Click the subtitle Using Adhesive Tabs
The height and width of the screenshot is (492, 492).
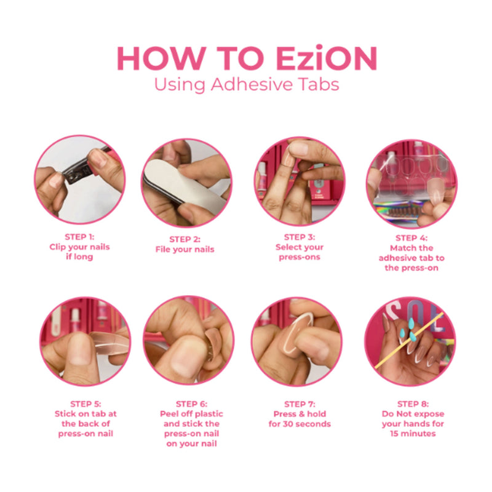pos(246,84)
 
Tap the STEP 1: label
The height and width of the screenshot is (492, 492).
pos(79,236)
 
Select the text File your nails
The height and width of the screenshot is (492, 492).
pos(185,249)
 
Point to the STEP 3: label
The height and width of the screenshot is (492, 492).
pos(300,236)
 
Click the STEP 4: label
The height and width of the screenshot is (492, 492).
pos(411,237)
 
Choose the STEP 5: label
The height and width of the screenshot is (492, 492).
pos(85,403)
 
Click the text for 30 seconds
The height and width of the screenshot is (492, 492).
pos(300,424)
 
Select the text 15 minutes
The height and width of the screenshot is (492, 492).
pos(411,434)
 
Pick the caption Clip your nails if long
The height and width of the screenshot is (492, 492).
pos(79,252)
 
